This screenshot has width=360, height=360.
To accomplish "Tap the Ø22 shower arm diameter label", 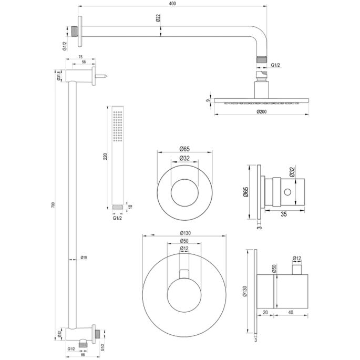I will [158, 18].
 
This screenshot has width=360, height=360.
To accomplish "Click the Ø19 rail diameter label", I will [84, 258].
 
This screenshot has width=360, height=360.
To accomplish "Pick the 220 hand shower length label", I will [105, 156].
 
